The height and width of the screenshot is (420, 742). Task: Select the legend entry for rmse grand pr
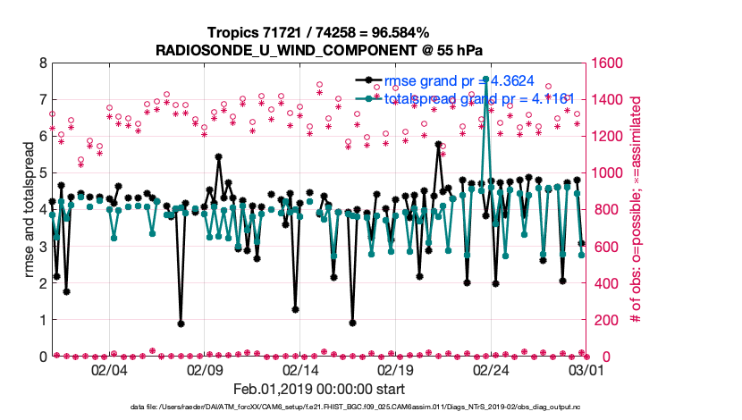[456, 81]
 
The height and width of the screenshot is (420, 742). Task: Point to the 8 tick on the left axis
[43, 63]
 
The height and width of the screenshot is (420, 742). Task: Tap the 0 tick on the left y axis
[43, 357]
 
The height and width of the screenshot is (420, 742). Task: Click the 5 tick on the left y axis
[43, 173]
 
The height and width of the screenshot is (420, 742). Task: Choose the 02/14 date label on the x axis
[301, 369]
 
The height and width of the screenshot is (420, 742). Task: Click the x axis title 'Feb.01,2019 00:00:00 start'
[318, 389]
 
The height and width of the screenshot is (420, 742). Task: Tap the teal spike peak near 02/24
[485, 80]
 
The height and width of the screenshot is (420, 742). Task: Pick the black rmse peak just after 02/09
[219, 156]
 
